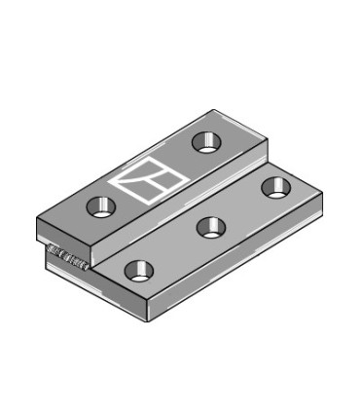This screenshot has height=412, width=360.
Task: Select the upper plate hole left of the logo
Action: tap(100, 206)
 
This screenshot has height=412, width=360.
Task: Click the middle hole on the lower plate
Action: tap(210, 227)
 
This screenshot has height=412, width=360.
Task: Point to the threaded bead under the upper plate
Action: tap(69, 257)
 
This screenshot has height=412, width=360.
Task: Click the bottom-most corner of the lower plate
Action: tap(147, 319)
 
